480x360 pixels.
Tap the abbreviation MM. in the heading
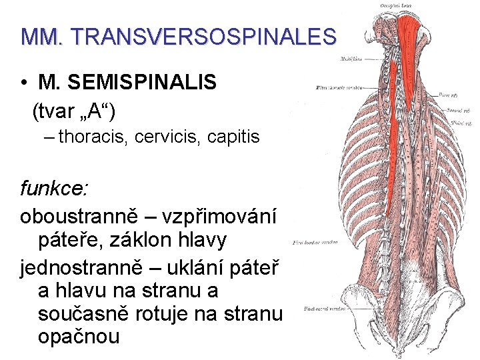41,36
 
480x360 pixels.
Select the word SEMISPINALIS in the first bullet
127,83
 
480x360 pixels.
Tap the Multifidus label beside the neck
350,59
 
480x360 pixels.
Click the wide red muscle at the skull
408,33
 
